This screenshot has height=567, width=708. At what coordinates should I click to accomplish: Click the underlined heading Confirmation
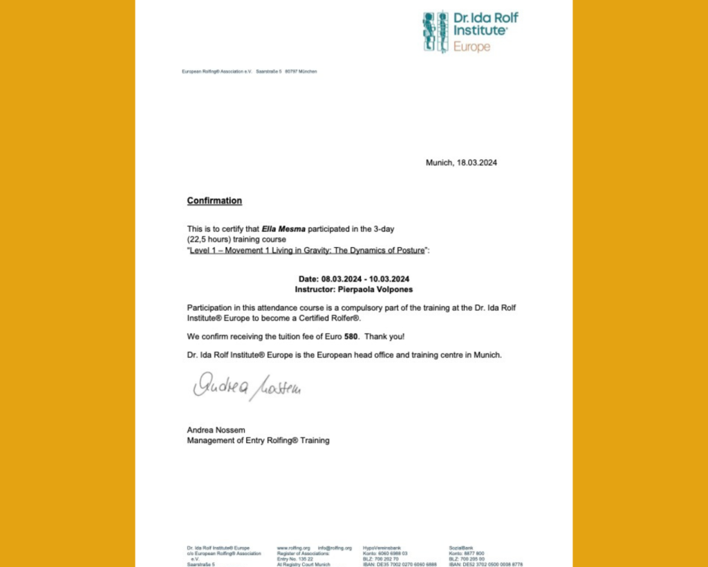pos(214,201)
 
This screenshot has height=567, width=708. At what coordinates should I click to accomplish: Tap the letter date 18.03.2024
pos(476,163)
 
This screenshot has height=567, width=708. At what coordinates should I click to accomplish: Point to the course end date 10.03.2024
pos(389,280)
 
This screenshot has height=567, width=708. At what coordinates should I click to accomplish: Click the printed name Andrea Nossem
pos(216,430)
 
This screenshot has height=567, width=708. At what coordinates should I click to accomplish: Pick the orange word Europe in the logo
pos(472,46)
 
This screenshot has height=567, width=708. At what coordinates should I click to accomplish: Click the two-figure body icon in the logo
pos(435,32)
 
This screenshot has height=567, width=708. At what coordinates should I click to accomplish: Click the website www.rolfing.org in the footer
pos(293,548)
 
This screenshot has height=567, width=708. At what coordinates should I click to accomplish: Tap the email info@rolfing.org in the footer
pos(335,548)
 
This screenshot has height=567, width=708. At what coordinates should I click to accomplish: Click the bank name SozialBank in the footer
pos(461,548)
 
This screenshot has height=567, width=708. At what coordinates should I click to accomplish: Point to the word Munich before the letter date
pos(439,163)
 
